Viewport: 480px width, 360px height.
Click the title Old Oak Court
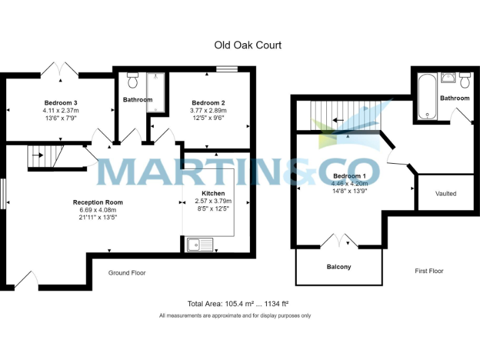pos(247,45)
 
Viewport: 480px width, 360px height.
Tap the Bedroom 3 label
pos(60,102)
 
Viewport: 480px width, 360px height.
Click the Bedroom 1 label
pos(349,176)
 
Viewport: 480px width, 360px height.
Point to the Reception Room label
pos(97,202)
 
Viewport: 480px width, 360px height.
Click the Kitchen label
pos(213,193)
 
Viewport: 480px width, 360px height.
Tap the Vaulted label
pos(446,194)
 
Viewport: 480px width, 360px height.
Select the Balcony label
pos(339,267)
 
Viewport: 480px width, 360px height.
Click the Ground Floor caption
pos(127,273)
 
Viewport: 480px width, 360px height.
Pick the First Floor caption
pos(429,271)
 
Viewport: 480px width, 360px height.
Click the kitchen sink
pos(200,244)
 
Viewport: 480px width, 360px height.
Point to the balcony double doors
pos(338,241)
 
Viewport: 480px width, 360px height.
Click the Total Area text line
pos(237,304)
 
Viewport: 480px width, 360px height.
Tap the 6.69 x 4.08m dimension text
pos(98,210)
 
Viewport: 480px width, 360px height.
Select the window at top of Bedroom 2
pos(227,69)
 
